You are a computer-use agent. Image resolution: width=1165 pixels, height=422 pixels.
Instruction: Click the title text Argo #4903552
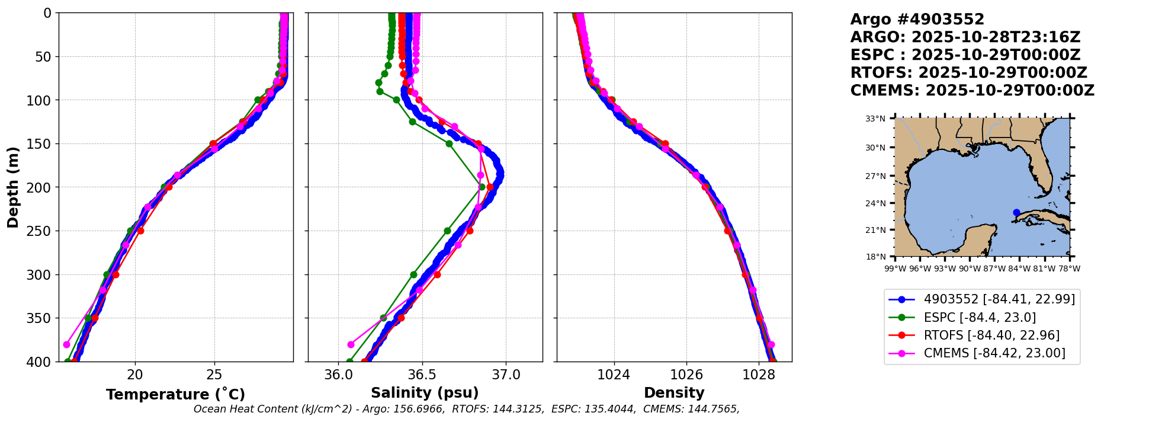[x=917, y=20]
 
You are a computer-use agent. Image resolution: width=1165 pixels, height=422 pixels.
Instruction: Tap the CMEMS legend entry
[x=994, y=353]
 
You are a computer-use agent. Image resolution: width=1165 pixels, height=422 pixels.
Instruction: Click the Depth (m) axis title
[x=12, y=187]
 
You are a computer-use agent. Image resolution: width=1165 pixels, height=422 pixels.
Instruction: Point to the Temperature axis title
[x=175, y=395]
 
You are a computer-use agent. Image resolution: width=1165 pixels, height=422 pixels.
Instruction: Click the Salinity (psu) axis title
[x=425, y=393]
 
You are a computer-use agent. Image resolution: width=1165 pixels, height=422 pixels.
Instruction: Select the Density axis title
[x=674, y=393]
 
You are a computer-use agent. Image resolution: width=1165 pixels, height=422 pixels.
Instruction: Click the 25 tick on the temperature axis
[x=214, y=375]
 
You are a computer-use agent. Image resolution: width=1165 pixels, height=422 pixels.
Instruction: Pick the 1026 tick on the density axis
[x=686, y=375]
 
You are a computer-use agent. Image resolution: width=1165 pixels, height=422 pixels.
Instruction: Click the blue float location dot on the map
[x=1016, y=212]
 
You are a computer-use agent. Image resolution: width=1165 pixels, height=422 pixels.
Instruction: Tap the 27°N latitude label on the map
[x=875, y=176]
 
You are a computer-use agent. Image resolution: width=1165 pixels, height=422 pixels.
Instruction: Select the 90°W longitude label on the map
[x=970, y=268]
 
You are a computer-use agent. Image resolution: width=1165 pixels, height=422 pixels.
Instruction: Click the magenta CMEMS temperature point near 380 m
[x=66, y=344]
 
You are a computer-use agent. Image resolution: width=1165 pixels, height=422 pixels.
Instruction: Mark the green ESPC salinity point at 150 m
[x=449, y=143]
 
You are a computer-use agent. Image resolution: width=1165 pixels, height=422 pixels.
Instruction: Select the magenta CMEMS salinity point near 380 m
[x=351, y=344]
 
